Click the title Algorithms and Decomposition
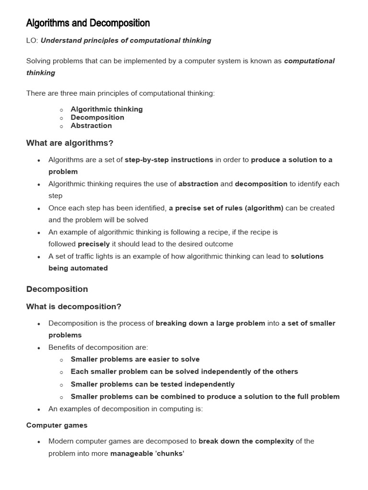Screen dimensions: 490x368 coord(88,23)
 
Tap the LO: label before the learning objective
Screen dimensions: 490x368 coord(32,41)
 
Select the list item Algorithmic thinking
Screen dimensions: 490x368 coord(106,109)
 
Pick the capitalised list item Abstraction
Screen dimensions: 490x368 coord(91,126)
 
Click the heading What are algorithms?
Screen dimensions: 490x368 coord(69,143)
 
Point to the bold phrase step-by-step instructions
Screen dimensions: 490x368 coord(169,160)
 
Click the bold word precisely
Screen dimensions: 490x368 coord(93,244)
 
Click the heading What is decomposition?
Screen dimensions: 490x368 coord(74,307)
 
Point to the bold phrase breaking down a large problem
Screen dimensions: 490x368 coord(210,323)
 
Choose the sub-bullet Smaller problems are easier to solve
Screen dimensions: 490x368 coord(135,359)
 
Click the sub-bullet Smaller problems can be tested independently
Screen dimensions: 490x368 coord(152,384)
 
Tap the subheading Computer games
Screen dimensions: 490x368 coord(57,425)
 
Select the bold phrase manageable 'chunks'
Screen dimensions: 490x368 coord(147,454)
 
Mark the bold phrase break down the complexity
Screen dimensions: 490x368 coord(246,441)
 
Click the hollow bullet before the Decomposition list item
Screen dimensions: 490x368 coord(62,118)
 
